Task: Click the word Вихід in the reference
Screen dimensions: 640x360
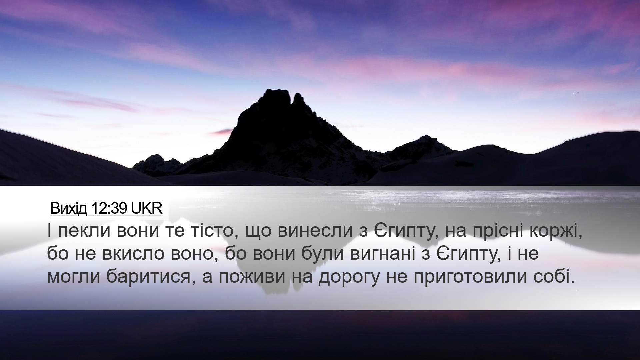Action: (69, 209)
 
